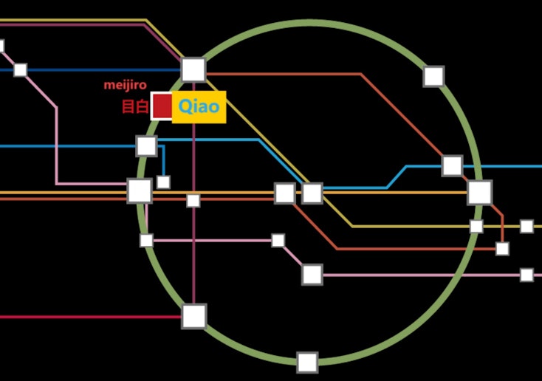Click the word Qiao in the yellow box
[x=199, y=107]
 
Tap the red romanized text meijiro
[x=125, y=85]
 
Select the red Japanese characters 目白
[x=134, y=107]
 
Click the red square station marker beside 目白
[x=162, y=106]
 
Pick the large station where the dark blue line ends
[x=193, y=69]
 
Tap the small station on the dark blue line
[x=21, y=70]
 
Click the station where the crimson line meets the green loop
[x=194, y=316]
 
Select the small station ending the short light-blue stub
[x=163, y=182]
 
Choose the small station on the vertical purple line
[x=193, y=201]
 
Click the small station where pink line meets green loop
[x=146, y=240]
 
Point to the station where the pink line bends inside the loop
[x=312, y=275]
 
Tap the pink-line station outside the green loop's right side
[x=526, y=275]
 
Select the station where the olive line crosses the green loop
[x=476, y=226]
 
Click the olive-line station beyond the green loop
[x=526, y=226]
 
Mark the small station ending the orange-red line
[x=502, y=249]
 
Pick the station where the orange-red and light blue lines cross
[x=453, y=165]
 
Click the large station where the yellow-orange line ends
[x=479, y=193]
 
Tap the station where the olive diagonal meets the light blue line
[x=312, y=193]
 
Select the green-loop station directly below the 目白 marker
[x=146, y=145]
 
